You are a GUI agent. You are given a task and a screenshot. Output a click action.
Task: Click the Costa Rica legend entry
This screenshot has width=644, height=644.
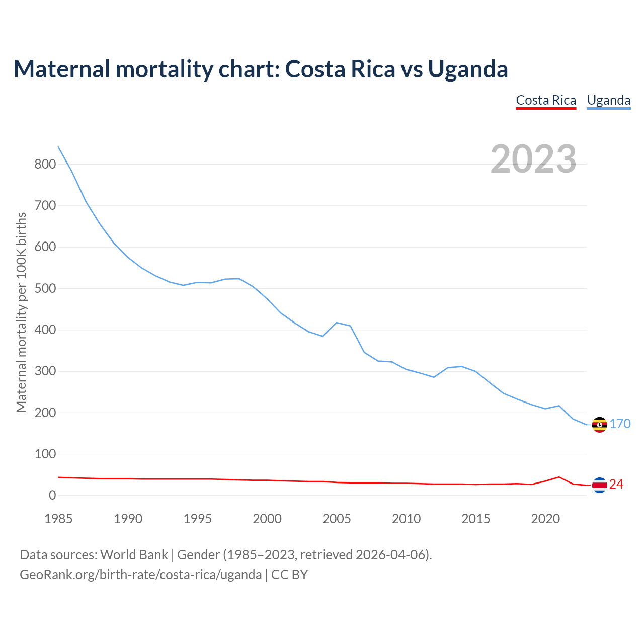(546, 100)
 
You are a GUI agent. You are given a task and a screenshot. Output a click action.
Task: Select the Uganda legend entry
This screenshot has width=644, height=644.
(609, 100)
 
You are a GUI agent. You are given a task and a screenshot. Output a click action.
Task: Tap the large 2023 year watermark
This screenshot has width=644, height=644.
(533, 159)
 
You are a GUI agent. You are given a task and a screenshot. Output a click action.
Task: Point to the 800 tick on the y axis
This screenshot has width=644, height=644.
(45, 164)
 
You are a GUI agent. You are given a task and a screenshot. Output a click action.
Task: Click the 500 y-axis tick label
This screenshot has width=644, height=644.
(45, 288)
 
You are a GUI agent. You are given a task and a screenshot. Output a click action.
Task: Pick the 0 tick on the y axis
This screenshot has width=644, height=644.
(52, 496)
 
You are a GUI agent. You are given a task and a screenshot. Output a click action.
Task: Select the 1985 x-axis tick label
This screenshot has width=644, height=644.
(58, 519)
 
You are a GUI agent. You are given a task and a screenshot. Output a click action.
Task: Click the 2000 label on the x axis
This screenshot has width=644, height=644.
(267, 519)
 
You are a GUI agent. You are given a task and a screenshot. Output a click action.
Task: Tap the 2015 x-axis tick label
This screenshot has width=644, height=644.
(476, 519)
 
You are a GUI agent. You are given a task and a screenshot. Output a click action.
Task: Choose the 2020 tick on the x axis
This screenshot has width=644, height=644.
(545, 519)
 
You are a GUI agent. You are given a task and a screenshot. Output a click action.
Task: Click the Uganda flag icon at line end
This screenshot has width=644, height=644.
(599, 425)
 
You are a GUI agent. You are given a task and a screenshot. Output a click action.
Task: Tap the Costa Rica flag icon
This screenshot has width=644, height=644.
(599, 485)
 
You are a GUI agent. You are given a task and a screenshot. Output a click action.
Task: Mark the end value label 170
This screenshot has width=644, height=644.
(620, 424)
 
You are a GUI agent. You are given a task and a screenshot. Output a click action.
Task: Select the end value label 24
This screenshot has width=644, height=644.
(616, 484)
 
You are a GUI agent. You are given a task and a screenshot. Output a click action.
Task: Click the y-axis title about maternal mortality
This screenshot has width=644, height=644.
(21, 312)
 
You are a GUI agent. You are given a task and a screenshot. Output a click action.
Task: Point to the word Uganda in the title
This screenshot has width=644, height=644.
(468, 69)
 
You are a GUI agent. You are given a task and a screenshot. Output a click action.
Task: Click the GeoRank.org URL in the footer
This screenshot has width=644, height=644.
(140, 574)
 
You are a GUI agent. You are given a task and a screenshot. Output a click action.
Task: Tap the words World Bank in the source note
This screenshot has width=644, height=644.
(134, 555)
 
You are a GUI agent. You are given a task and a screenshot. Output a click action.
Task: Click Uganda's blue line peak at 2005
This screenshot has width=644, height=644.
(337, 323)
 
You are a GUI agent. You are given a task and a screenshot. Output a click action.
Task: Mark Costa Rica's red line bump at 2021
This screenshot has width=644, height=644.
(559, 477)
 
